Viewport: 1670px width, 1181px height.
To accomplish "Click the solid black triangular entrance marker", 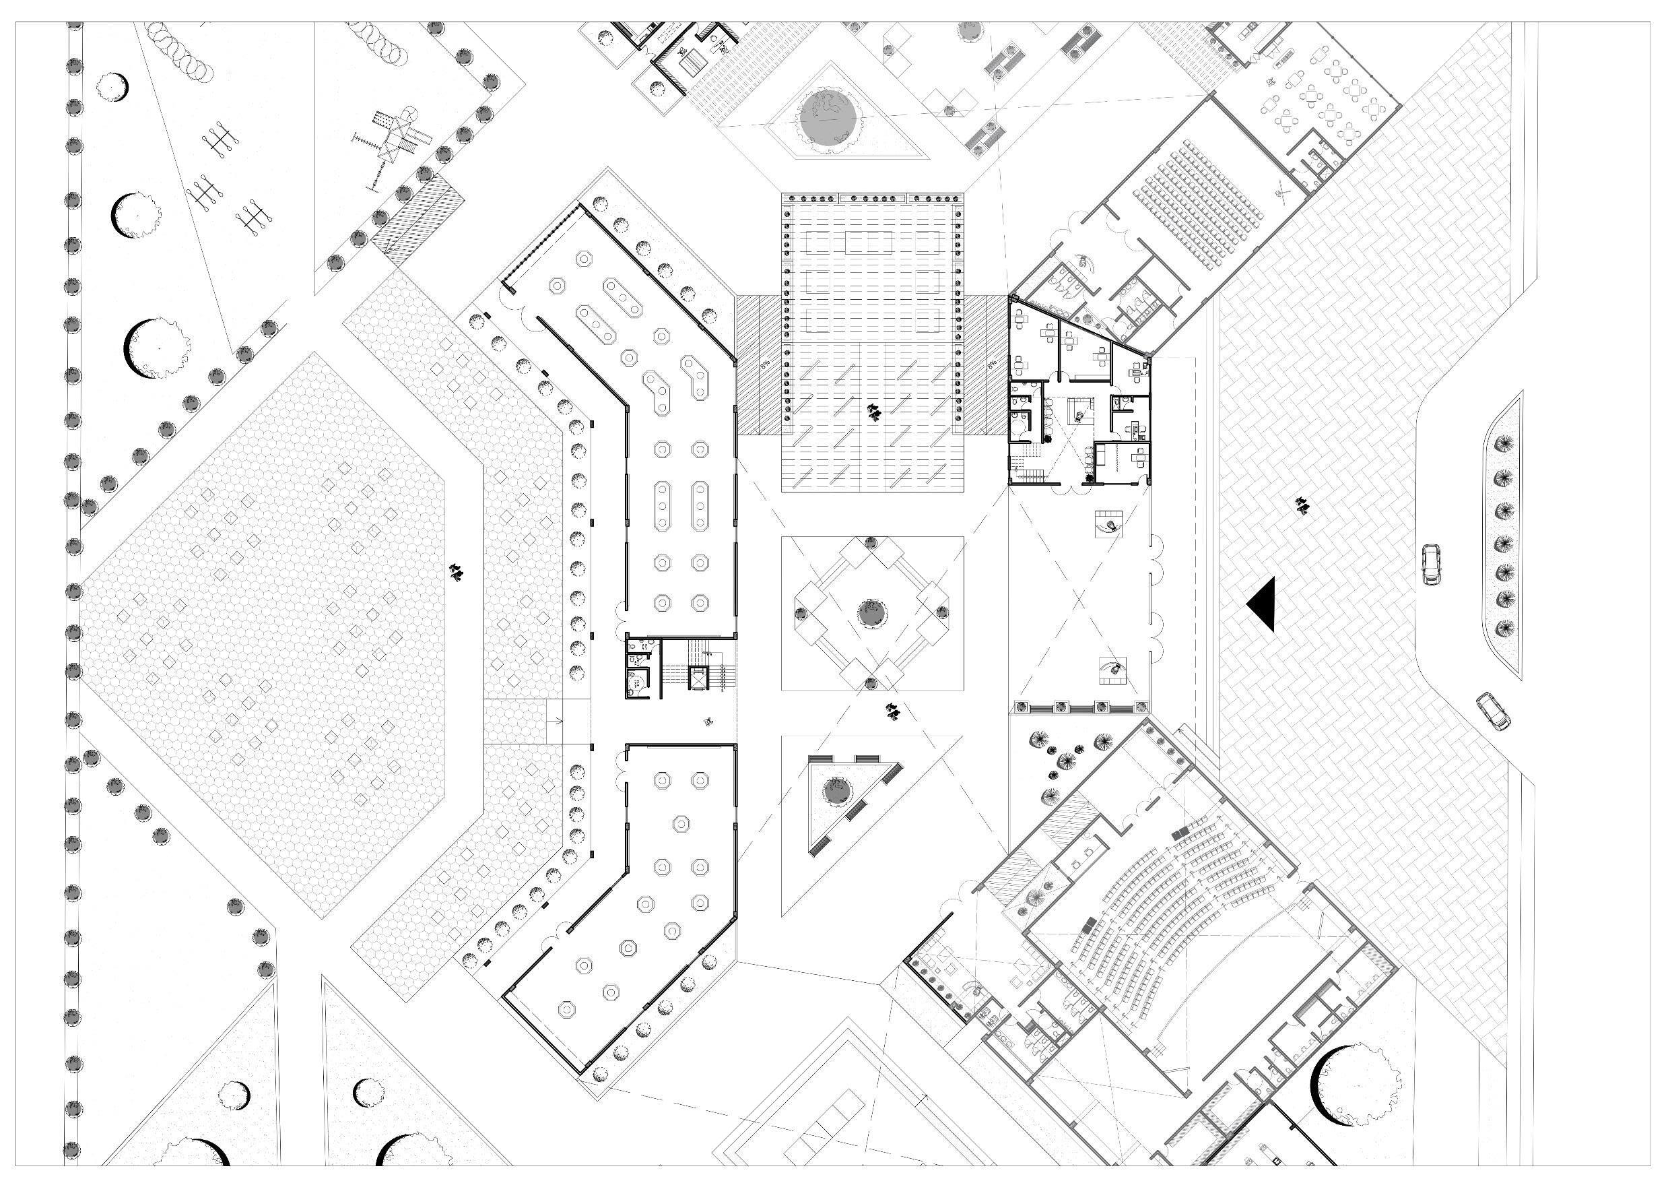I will [x=1264, y=604].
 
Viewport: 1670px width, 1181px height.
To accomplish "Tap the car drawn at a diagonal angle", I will [x=1492, y=711].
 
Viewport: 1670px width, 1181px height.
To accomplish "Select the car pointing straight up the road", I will [x=1432, y=564].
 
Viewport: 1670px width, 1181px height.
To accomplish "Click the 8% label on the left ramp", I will [x=764, y=365].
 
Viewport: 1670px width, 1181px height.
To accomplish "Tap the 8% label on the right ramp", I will [x=991, y=365].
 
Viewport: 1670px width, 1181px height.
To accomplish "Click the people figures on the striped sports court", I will [x=873, y=412].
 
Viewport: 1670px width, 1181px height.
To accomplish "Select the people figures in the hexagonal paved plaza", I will [x=457, y=572].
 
